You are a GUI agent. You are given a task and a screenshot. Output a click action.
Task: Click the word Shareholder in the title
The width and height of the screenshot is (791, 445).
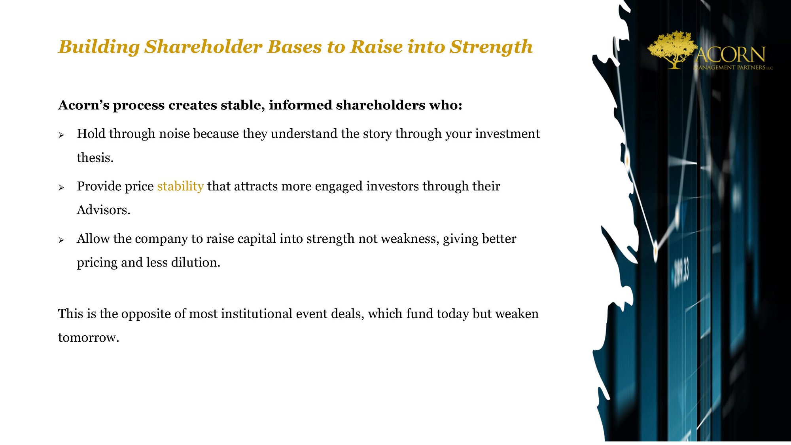pos(203,46)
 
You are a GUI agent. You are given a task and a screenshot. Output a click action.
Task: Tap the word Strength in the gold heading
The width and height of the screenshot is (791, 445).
pos(491,47)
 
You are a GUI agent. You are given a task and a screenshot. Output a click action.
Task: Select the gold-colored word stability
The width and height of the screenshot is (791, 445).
pos(180,186)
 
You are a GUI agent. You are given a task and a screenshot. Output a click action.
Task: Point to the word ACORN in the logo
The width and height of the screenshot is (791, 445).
pos(730,55)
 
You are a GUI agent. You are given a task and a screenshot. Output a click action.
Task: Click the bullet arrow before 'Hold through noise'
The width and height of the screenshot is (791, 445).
pos(61,135)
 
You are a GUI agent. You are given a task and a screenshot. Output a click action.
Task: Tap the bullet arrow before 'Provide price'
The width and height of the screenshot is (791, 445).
pos(61,188)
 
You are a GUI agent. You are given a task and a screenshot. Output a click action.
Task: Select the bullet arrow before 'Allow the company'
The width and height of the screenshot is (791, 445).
pos(61,240)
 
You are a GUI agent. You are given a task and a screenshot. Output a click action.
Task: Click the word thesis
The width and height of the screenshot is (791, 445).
pos(95,158)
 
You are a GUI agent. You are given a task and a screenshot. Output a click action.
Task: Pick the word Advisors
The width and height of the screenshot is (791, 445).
pos(103,210)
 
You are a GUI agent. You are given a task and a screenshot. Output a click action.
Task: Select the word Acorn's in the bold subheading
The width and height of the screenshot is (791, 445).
pos(83,105)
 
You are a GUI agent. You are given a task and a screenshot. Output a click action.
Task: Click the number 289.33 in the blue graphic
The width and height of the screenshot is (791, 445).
pos(681,272)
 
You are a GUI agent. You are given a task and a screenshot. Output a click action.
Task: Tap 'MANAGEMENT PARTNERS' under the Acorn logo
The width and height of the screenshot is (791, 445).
pos(732,67)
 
